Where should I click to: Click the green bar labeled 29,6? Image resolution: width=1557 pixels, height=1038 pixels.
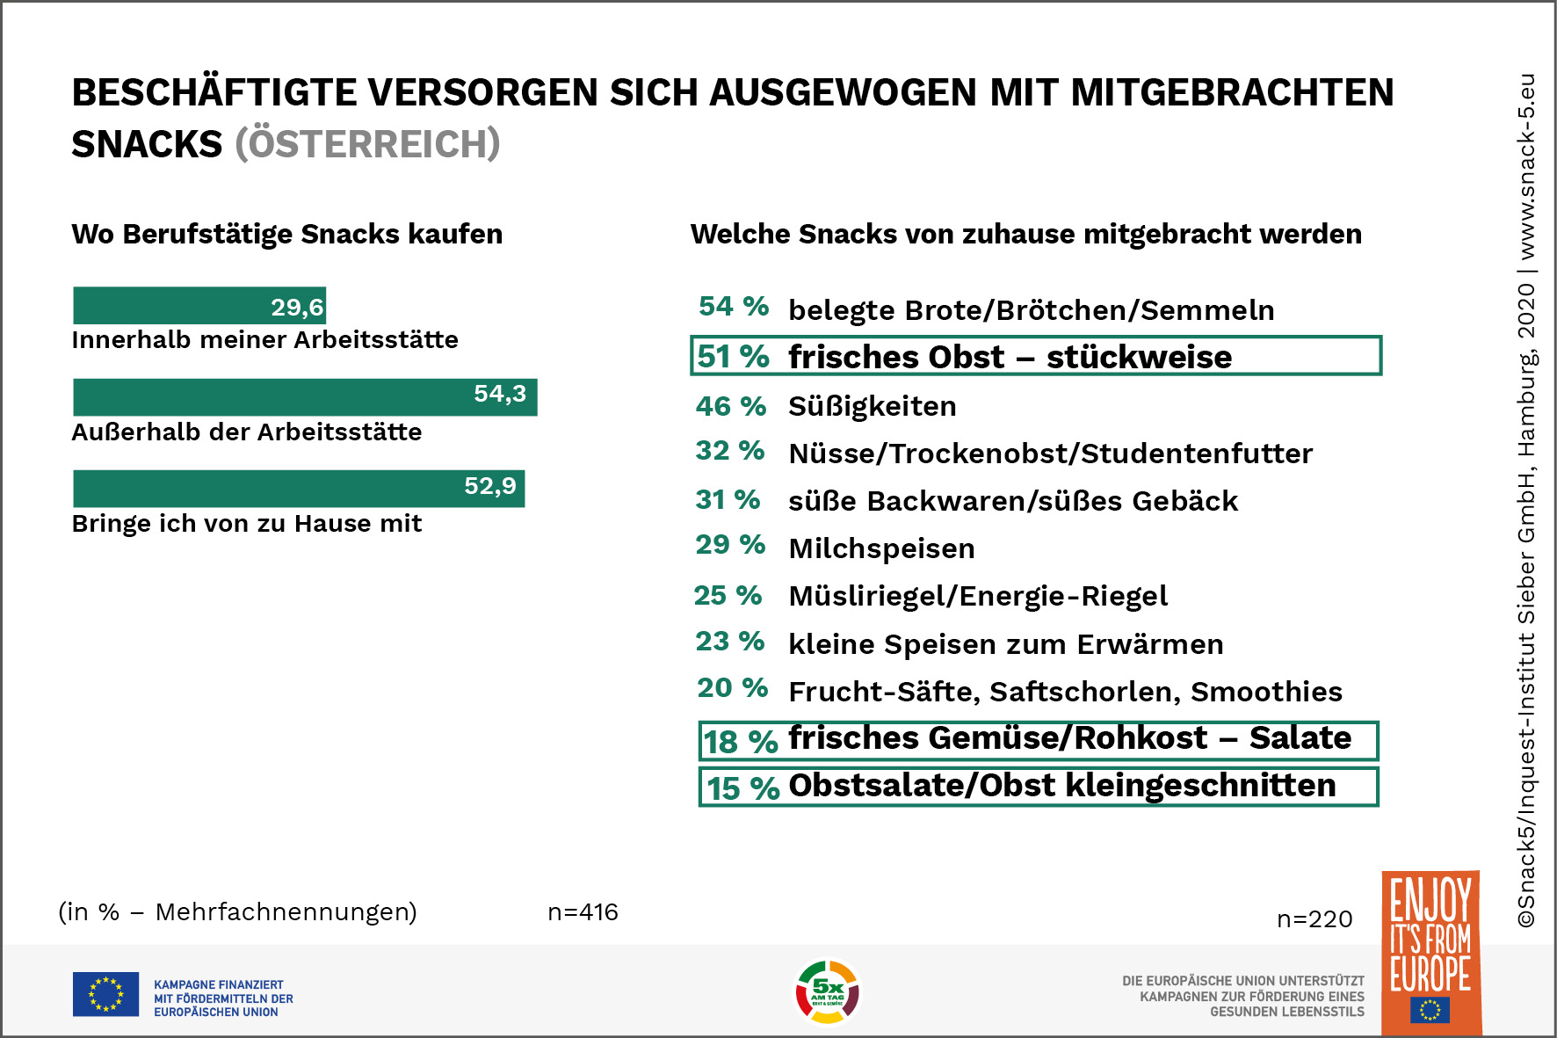pyautogui.click(x=199, y=306)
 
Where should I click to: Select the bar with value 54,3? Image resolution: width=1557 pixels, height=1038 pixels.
pyautogui.click(x=305, y=397)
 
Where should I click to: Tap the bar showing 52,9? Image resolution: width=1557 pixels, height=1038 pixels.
pyautogui.click(x=299, y=489)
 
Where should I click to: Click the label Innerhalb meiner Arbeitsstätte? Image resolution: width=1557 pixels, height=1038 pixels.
pyautogui.click(x=264, y=340)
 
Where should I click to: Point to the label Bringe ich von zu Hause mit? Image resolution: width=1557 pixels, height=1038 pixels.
pyautogui.click(x=246, y=524)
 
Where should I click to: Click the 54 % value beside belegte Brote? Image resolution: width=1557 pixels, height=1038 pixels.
pyautogui.click(x=734, y=306)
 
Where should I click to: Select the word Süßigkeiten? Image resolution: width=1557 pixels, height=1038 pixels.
pyautogui.click(x=872, y=406)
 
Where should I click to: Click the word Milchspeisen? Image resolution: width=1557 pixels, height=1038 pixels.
pyautogui.click(x=881, y=548)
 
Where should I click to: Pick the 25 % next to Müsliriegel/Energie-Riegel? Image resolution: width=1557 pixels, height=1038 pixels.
pyautogui.click(x=728, y=595)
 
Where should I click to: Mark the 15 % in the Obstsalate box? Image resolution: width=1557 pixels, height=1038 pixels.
pyautogui.click(x=742, y=788)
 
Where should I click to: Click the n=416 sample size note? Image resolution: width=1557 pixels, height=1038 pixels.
pyautogui.click(x=583, y=912)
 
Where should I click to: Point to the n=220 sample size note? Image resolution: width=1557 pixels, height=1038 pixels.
pyautogui.click(x=1314, y=919)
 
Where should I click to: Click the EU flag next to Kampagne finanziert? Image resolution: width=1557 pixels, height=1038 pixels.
pyautogui.click(x=105, y=994)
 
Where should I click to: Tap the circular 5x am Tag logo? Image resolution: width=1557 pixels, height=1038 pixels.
pyautogui.click(x=827, y=992)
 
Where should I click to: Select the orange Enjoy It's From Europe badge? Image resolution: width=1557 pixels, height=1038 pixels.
pyautogui.click(x=1430, y=954)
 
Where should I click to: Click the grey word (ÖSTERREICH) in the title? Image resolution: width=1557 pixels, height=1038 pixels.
pyautogui.click(x=367, y=144)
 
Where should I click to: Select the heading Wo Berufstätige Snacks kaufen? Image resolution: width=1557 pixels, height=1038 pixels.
pyautogui.click(x=286, y=234)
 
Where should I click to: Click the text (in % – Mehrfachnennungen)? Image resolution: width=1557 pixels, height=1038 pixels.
pyautogui.click(x=237, y=912)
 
